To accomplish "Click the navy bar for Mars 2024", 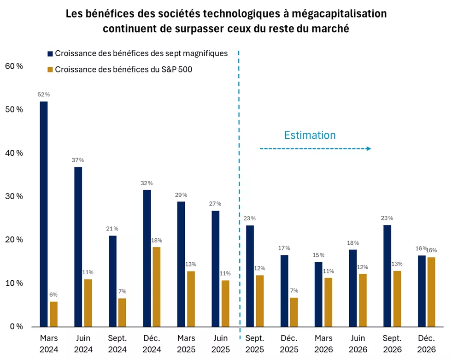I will tap(44, 214).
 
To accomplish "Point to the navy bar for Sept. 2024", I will tap(112, 281).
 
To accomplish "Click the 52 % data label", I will tap(44, 94).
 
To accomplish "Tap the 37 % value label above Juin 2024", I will tap(78, 160).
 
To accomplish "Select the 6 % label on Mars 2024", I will tap(53, 295).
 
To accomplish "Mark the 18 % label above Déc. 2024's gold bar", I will tap(157, 240).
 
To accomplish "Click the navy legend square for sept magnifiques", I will tap(50, 53).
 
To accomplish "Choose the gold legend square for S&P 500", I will tap(50, 70).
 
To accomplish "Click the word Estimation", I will tap(310, 135).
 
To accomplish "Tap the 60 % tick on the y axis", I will tap(13, 66).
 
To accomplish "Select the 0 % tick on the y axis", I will tap(16, 327).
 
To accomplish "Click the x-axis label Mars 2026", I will tap(324, 343).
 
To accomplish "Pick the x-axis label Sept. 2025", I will tap(255, 343).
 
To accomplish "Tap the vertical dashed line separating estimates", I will tap(239, 184).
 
